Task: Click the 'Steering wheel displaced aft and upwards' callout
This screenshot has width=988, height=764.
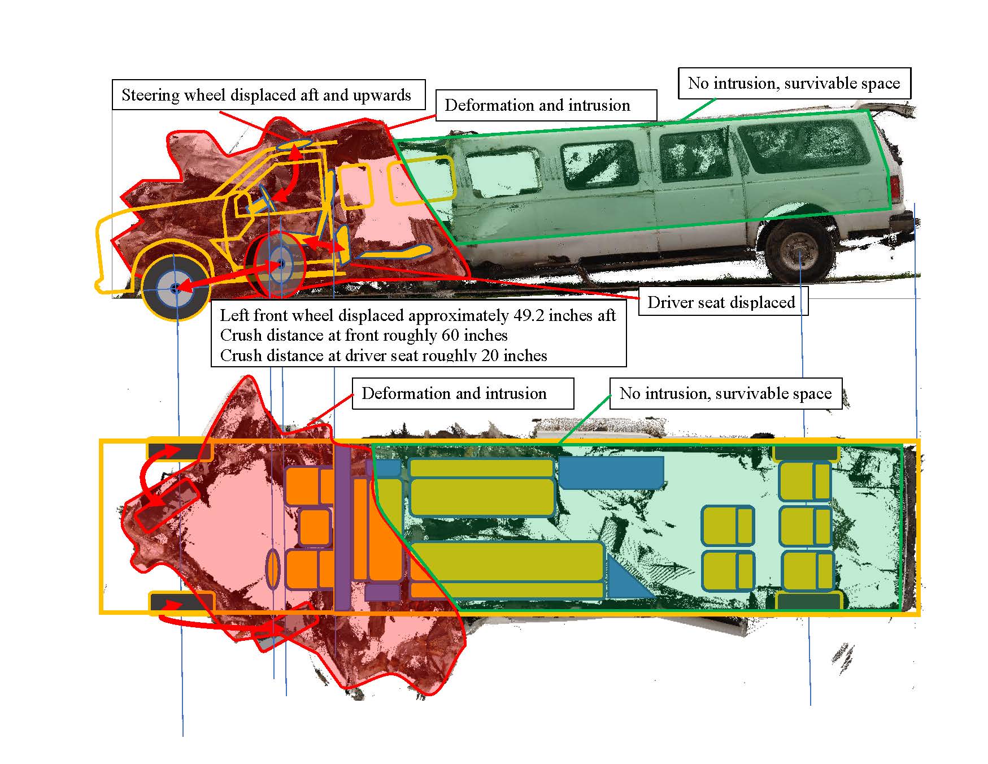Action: click(267, 95)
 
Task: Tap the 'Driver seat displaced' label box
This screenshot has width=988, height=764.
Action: click(721, 302)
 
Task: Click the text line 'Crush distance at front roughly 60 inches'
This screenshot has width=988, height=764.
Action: click(364, 336)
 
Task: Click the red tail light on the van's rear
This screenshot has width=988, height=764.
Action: click(895, 186)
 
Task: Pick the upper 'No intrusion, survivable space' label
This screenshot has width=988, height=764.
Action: click(794, 84)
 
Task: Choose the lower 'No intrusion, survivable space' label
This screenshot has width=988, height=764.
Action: click(725, 393)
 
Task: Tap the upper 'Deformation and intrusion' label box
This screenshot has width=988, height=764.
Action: click(537, 105)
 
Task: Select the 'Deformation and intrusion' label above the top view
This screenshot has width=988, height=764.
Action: click(454, 393)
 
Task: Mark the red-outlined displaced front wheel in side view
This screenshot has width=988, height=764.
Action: click(280, 264)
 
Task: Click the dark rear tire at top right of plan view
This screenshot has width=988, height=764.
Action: click(806, 453)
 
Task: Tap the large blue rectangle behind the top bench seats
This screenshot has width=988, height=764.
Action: click(610, 471)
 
